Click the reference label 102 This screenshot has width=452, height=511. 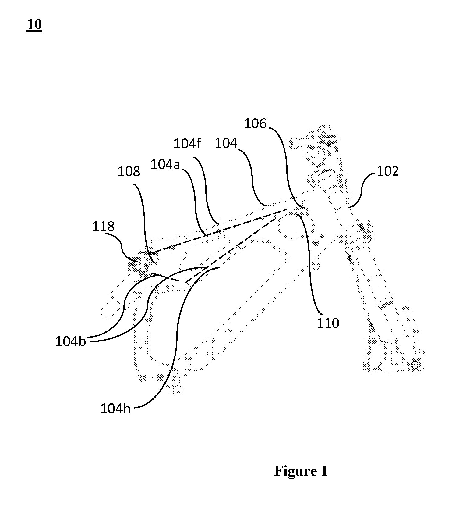point(387,171)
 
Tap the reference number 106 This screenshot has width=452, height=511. point(256,124)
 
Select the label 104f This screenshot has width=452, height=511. point(187,143)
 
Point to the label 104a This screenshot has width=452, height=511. point(165,165)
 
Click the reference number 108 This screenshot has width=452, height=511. point(129,172)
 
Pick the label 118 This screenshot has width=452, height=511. point(104,227)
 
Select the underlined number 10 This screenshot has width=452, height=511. point(34,24)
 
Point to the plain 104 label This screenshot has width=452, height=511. point(226,143)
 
